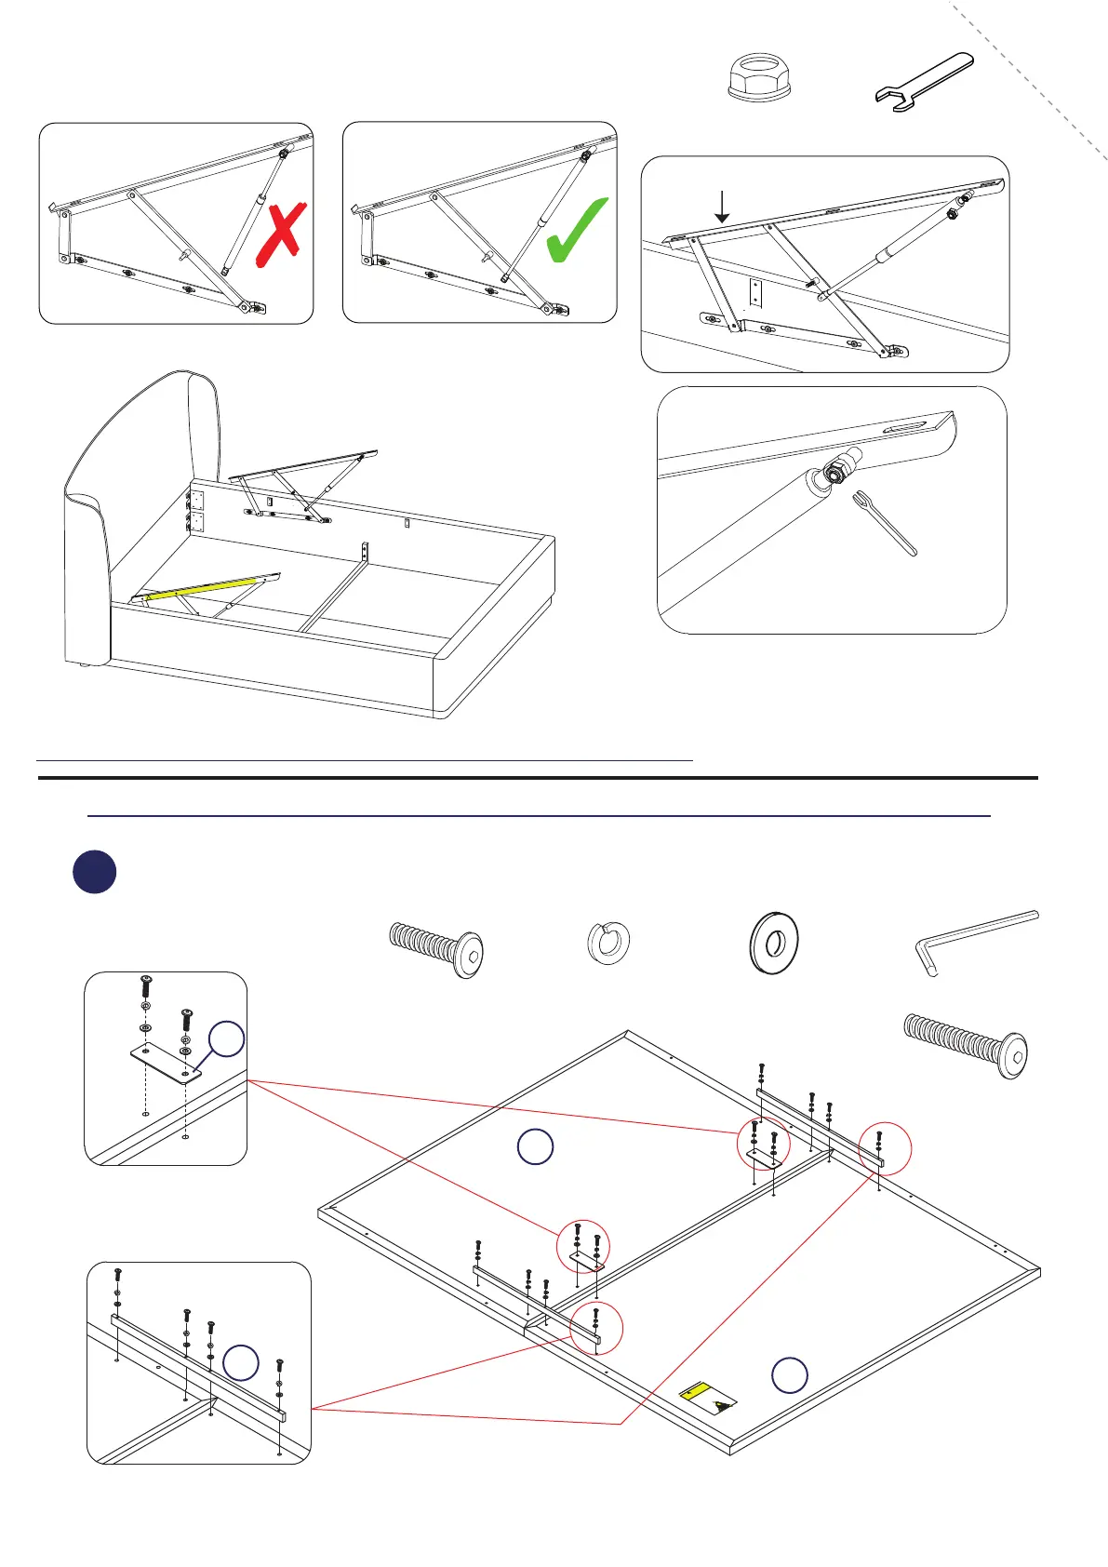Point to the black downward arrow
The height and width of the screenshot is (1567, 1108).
coord(722,206)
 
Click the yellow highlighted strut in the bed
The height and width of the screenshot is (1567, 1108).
coord(200,590)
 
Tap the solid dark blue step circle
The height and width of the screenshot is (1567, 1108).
coord(94,873)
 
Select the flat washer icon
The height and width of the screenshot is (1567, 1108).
coord(773,942)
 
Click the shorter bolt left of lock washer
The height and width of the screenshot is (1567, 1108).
coord(435,948)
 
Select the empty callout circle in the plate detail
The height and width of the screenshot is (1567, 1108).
coord(226,1039)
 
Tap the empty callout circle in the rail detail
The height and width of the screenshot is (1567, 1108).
coord(241,1362)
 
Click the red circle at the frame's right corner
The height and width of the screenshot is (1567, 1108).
coord(885,1150)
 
